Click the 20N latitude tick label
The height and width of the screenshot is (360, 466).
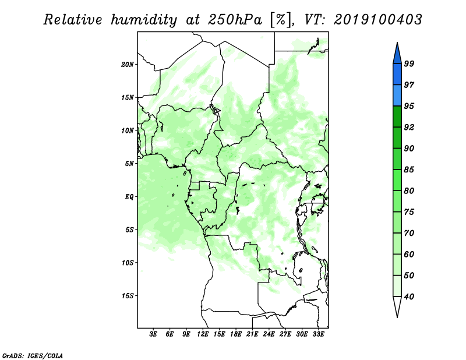(127, 65)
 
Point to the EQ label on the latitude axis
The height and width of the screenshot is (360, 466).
(129, 197)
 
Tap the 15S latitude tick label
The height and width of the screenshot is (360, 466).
(127, 296)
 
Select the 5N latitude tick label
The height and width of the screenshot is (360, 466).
(129, 164)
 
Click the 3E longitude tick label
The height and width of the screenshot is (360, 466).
(153, 334)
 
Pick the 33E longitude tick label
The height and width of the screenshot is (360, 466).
(318, 334)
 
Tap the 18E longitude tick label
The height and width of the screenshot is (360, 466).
(236, 334)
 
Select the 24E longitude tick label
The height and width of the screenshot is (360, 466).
(269, 334)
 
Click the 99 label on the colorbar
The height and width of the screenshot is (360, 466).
(409, 63)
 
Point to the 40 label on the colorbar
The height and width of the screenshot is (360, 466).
(409, 297)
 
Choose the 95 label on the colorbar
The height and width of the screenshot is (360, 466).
(409, 106)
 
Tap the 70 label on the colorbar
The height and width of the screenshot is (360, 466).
(409, 233)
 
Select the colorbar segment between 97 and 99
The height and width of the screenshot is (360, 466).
(397, 75)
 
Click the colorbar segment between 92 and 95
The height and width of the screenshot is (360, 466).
(397, 117)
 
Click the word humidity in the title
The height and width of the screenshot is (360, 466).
(144, 20)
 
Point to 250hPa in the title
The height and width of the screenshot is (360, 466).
(235, 20)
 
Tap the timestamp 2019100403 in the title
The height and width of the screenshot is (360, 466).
(377, 20)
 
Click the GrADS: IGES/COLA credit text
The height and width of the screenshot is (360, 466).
(33, 355)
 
